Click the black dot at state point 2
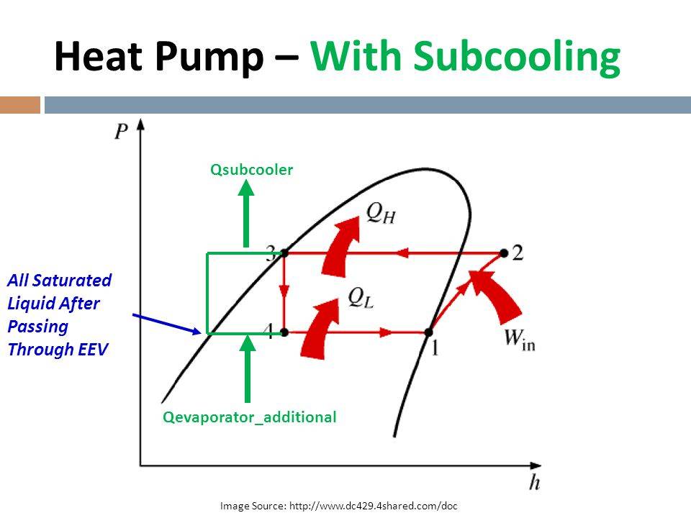(x=504, y=253)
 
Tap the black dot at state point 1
(x=428, y=332)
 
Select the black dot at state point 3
(x=284, y=253)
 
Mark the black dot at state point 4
(x=284, y=332)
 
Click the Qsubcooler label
(x=252, y=170)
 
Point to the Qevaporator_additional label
(x=250, y=417)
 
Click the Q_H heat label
(x=381, y=214)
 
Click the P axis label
(x=121, y=131)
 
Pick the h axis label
(x=535, y=482)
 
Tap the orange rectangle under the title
(x=20, y=105)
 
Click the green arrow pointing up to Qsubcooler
(x=246, y=214)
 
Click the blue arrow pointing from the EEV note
(x=167, y=324)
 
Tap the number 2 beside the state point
(x=518, y=253)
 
